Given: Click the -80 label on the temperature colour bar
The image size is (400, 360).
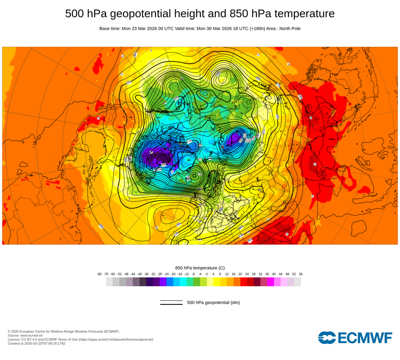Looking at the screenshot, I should tap(99, 274).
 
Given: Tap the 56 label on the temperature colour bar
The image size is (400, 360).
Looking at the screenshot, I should tap(300, 274).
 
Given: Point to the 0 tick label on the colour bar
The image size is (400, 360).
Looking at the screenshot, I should tap(207, 274).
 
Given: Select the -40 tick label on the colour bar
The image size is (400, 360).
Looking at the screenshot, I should tap(140, 274).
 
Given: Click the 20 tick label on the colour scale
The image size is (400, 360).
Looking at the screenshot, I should tap(240, 274).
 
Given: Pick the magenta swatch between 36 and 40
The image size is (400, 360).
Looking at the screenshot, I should tap(270, 282).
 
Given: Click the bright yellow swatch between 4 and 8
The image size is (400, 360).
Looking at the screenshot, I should tap(217, 282).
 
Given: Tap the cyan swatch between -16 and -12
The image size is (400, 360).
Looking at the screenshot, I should tap(183, 282).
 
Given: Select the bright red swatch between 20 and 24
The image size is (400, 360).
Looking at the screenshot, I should tap(244, 282).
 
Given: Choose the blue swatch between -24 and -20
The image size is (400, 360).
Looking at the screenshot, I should tap(170, 282).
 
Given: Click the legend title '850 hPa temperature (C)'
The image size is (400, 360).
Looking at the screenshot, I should tap(200, 268).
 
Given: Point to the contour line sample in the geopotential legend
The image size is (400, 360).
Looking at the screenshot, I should tap(171, 302).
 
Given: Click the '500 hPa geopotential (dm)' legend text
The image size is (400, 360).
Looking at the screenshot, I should tap(213, 302).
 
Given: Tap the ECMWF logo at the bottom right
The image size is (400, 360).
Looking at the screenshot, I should tap(355, 338).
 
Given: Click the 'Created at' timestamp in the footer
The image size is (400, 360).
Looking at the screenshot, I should tap(36, 343).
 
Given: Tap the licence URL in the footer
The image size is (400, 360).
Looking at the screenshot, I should tap(116, 339).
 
